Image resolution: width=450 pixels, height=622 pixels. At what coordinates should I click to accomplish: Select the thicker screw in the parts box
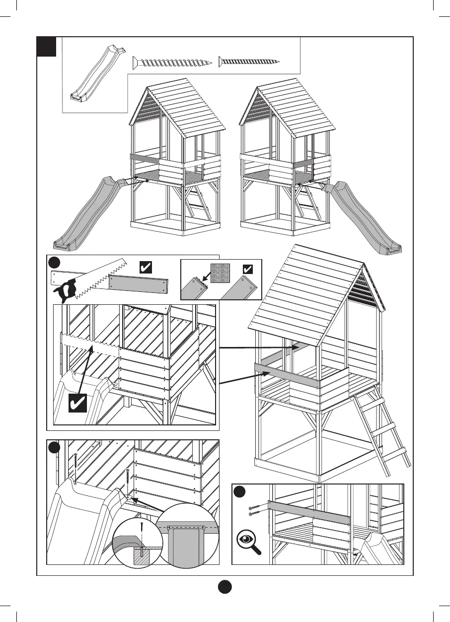click(172, 63)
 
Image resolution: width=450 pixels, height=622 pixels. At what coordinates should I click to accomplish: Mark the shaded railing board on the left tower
click(145, 158)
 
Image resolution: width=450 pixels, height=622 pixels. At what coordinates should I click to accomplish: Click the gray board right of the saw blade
click(140, 284)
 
